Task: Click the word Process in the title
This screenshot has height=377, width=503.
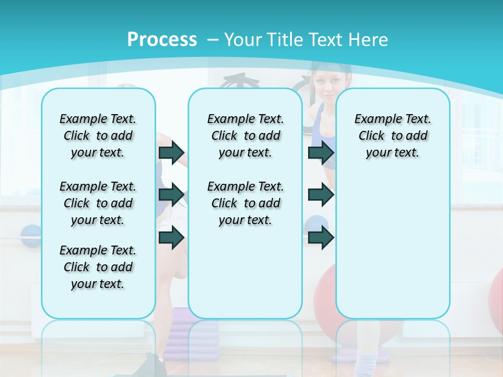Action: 162,39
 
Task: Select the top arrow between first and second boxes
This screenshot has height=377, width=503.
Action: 171,152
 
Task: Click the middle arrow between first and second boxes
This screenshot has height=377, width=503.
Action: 171,195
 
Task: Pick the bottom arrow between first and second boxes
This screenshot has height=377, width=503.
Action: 171,237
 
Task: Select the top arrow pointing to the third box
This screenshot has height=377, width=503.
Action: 321,152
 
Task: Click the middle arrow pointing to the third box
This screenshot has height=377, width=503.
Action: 321,195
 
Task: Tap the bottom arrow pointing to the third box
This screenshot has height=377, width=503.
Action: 321,237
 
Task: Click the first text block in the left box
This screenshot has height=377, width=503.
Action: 98,136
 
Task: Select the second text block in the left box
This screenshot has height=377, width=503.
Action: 98,203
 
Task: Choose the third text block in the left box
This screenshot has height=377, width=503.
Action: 98,267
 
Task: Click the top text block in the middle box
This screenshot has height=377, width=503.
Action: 245,136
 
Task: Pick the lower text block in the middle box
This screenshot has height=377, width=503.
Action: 245,203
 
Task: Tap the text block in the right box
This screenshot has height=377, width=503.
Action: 392,136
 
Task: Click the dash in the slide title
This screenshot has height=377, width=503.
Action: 213,40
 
